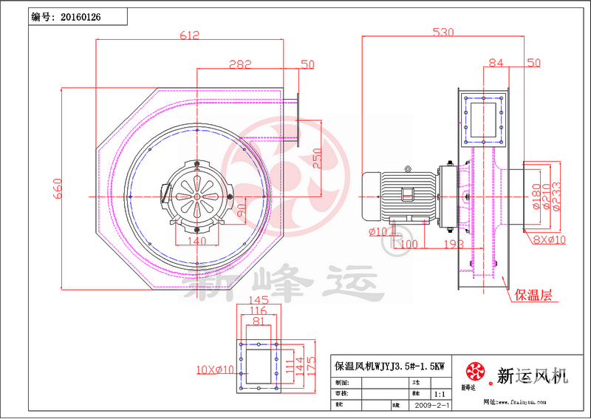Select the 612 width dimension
coord(189,35)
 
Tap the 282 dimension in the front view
coord(240,64)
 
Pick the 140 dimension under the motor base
coord(197,240)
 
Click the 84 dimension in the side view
coord(496,64)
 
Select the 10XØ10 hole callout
coord(215,368)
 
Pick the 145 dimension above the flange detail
coord(258,300)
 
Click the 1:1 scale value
coord(440,395)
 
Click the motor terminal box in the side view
coord(408,195)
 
